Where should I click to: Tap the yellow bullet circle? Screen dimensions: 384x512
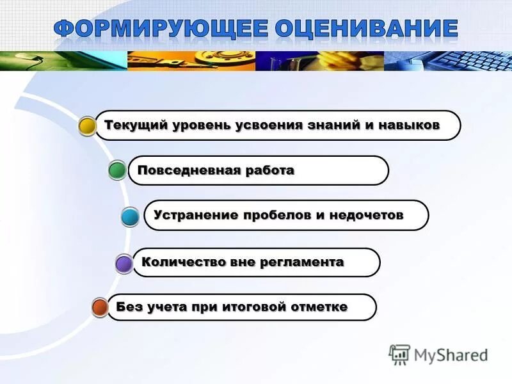pos(88,126)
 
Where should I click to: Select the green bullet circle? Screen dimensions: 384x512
pos(117,171)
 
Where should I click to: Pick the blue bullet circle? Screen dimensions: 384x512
pos(131,218)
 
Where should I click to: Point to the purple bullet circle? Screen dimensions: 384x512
pos(124,264)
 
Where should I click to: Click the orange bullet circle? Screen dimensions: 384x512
pos(100,308)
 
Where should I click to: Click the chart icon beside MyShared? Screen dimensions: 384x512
pos(399,354)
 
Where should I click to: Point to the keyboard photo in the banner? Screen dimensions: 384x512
pos(474,61)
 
